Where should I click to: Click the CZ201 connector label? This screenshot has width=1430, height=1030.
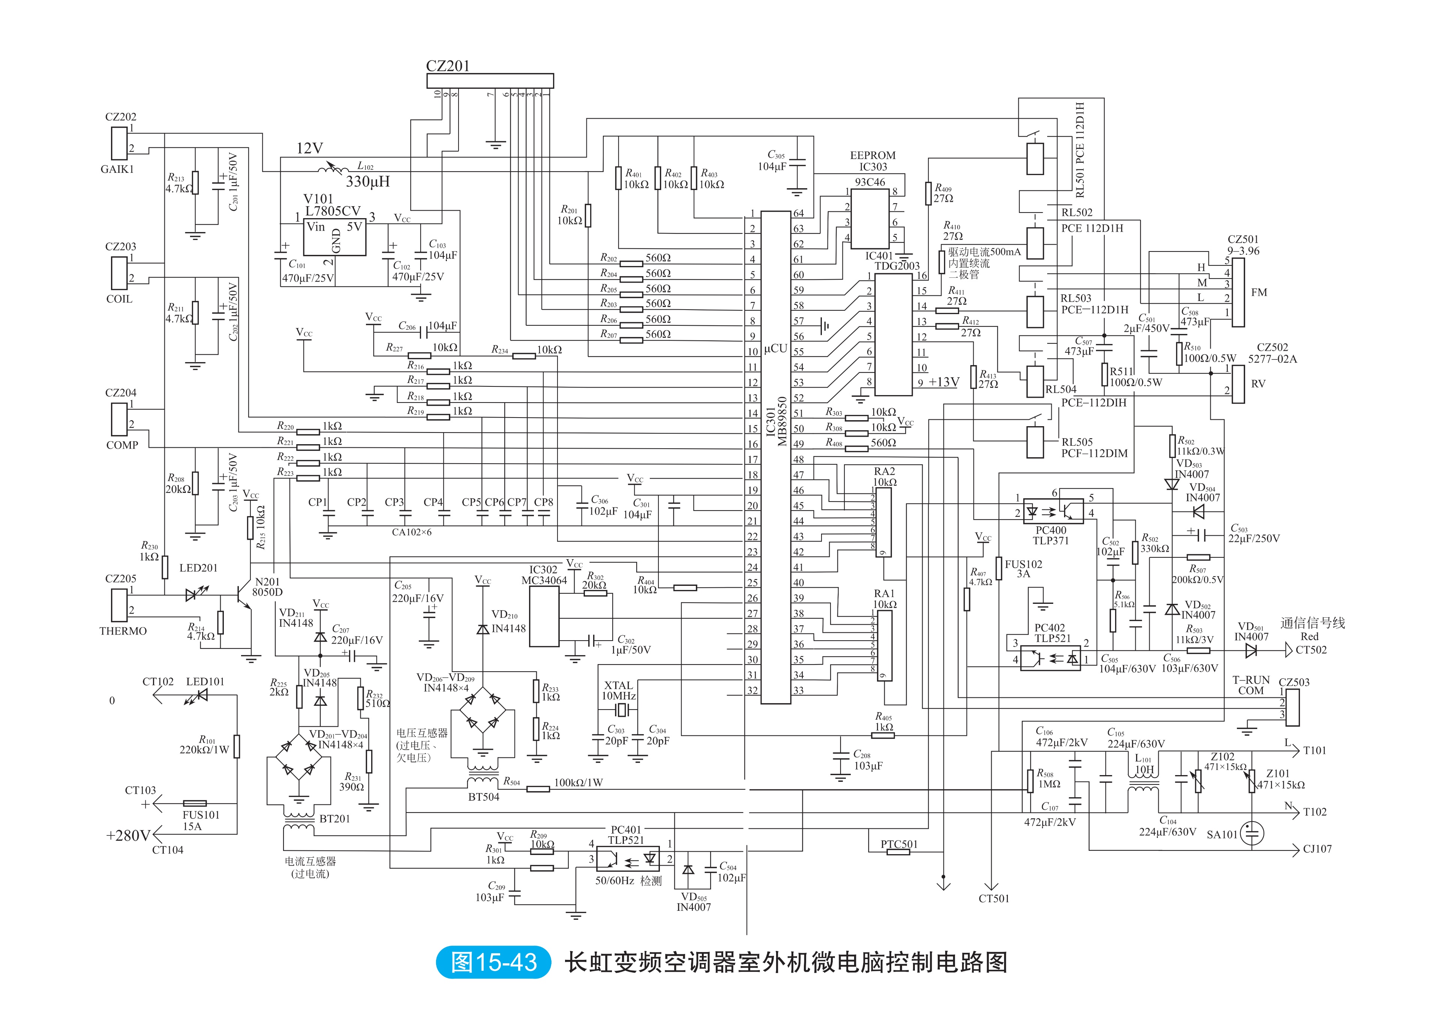tap(448, 66)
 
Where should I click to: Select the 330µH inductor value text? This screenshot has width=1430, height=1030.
tap(367, 181)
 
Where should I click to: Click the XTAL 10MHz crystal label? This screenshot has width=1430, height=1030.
tap(619, 690)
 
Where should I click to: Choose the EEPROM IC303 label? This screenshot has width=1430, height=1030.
tap(872, 161)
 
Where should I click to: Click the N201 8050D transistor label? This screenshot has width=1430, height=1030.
tap(267, 587)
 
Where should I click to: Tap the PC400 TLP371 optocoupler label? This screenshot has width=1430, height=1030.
tap(1051, 535)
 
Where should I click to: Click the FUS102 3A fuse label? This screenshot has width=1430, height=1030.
tap(1023, 569)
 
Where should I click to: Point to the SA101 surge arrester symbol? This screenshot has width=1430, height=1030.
tap(1252, 833)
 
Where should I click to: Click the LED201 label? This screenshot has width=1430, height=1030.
tap(198, 568)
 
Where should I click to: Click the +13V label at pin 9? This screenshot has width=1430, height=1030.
tap(944, 382)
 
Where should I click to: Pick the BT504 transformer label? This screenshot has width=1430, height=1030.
tap(484, 797)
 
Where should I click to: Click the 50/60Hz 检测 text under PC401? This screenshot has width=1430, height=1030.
tap(629, 880)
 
